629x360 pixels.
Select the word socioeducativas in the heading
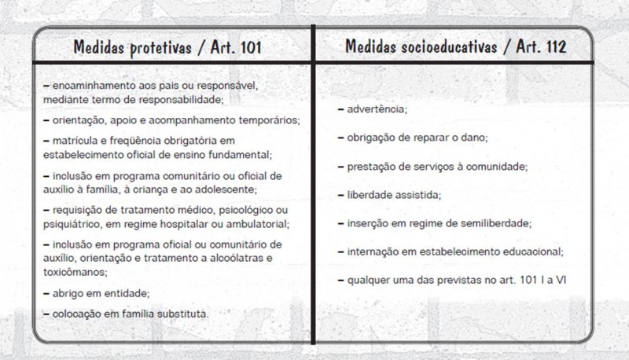click(435, 46)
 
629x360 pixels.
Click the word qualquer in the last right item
click(368, 279)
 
